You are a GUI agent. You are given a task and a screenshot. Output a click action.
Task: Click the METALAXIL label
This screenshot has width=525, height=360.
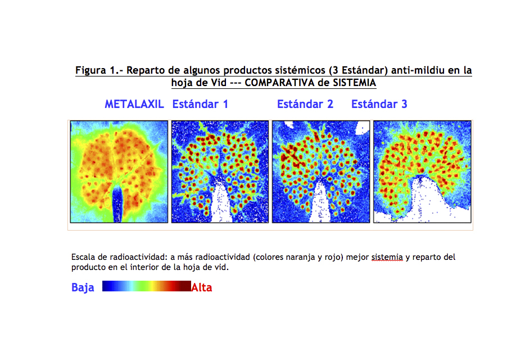[134, 104]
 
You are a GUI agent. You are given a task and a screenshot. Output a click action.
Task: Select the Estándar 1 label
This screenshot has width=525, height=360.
[200, 104]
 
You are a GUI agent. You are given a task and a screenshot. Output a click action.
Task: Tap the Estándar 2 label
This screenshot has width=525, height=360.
[305, 104]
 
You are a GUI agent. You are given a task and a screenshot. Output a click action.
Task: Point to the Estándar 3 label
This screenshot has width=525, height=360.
[379, 104]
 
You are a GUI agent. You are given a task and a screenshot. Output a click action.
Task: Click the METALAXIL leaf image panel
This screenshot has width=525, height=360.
[119, 172]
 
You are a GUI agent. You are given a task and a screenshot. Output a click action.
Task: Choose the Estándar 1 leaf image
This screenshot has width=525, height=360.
[220, 172]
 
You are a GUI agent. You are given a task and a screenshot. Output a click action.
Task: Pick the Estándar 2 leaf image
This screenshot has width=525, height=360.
[321, 172]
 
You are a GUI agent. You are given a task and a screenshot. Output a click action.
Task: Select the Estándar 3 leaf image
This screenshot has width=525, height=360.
[422, 172]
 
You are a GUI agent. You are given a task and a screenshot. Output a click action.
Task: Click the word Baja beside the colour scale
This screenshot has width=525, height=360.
[83, 287]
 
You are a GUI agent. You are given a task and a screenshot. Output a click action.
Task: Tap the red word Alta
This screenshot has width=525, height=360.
[202, 287]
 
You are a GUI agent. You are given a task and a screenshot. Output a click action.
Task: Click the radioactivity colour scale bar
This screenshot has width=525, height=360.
[147, 286]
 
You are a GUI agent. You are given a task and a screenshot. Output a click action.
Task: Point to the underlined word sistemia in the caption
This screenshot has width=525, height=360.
[387, 257]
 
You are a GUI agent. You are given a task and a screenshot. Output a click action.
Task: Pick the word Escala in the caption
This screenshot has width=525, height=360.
[83, 257]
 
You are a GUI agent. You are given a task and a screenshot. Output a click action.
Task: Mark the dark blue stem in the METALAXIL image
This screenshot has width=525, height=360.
[117, 204]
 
